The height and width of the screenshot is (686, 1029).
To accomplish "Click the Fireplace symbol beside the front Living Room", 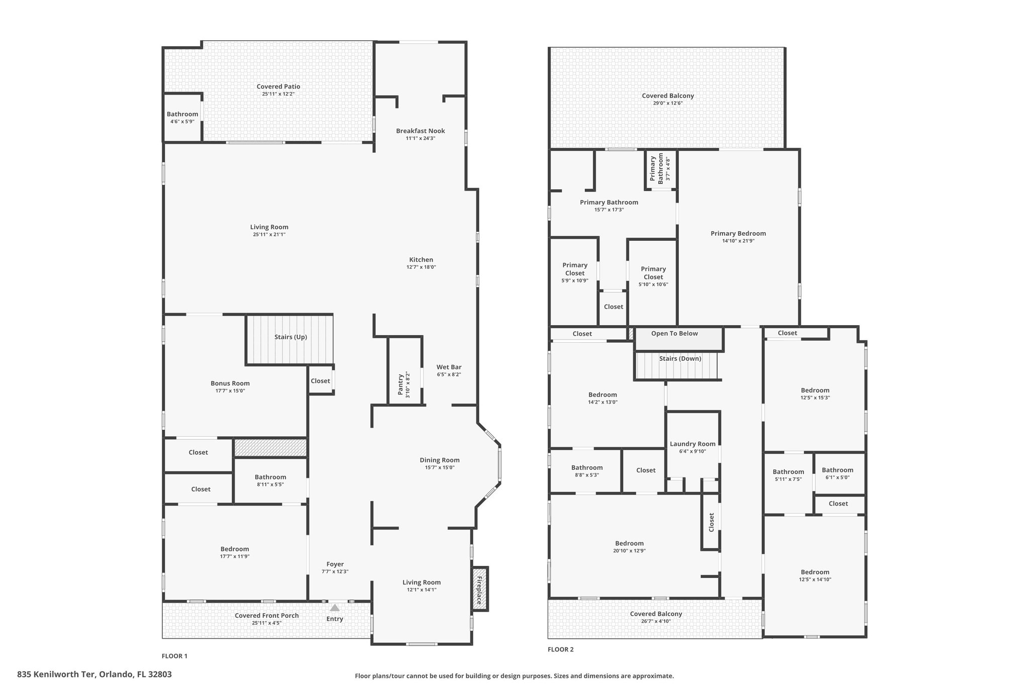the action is (480, 589).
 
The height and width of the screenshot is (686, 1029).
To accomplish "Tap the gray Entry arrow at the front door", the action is (335, 608).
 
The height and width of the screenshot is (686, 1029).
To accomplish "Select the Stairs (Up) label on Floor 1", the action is (290, 337).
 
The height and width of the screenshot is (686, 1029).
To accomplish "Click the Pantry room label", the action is (400, 384).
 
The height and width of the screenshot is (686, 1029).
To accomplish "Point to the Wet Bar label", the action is (449, 367).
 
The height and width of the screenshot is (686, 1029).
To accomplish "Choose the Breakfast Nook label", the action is (421, 131).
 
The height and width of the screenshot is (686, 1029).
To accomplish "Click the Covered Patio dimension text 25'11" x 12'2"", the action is (278, 94).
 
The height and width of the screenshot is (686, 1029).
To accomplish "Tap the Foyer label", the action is (335, 564).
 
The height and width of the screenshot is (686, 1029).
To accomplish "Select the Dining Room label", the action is (440, 460).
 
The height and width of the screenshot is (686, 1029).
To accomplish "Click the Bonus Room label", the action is (230, 383).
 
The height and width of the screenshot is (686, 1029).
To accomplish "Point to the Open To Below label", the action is (674, 333).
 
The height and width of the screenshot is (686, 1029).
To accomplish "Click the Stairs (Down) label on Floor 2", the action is (680, 358).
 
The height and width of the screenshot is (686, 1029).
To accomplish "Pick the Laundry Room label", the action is (692, 444).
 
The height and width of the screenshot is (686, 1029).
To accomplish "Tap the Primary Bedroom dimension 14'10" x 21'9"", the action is (738, 241).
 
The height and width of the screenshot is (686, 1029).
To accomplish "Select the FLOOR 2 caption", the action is (560, 649).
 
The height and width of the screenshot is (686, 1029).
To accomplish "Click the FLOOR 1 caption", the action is (174, 656).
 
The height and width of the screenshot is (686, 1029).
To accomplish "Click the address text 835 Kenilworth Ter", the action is (56, 674).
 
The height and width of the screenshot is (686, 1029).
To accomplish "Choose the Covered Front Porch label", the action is (267, 616).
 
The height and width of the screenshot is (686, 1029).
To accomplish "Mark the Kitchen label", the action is (421, 260).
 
